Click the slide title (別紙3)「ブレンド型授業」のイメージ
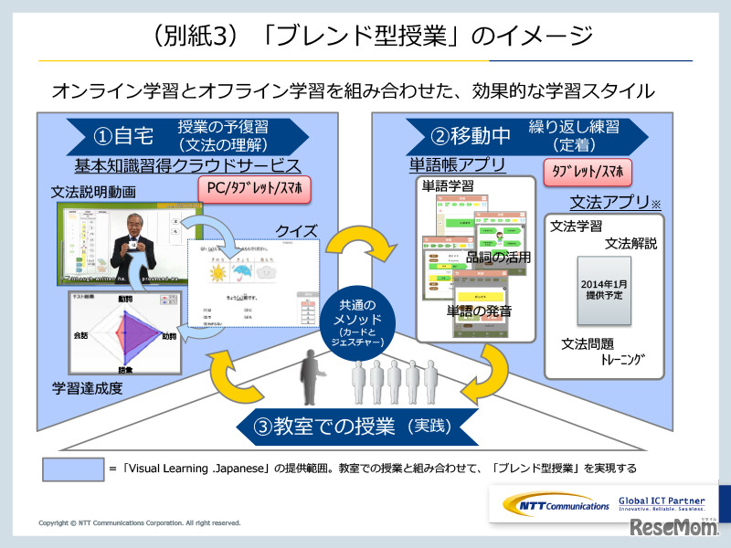365,37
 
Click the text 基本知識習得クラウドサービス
187,165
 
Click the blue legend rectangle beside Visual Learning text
72,468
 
